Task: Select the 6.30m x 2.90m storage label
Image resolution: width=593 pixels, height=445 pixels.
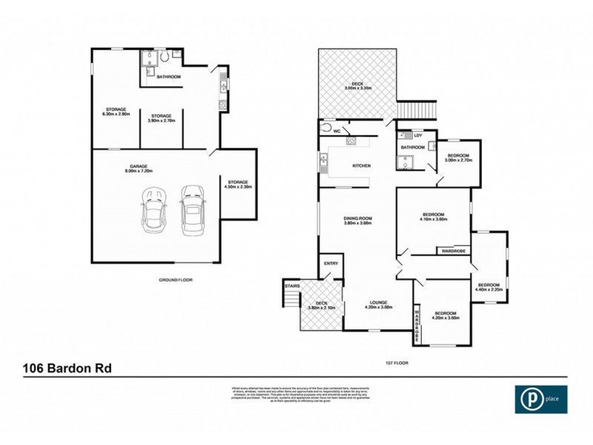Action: point(116,112)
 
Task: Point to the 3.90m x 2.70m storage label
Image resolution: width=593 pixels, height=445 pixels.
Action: point(162,118)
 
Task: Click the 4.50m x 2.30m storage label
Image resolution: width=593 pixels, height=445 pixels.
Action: point(239,184)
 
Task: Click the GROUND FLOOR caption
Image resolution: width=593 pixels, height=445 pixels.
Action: point(176,280)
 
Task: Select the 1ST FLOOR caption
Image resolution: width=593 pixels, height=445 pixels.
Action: point(398,363)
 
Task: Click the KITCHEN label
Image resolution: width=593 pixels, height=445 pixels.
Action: point(361,165)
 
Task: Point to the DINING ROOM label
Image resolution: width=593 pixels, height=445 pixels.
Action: point(357,220)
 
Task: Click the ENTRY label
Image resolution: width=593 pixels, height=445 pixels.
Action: point(331,264)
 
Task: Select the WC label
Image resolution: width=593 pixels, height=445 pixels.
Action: point(336,131)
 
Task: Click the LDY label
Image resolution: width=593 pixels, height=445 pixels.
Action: point(418,135)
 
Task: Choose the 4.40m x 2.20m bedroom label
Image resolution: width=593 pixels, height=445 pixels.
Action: point(488,287)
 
